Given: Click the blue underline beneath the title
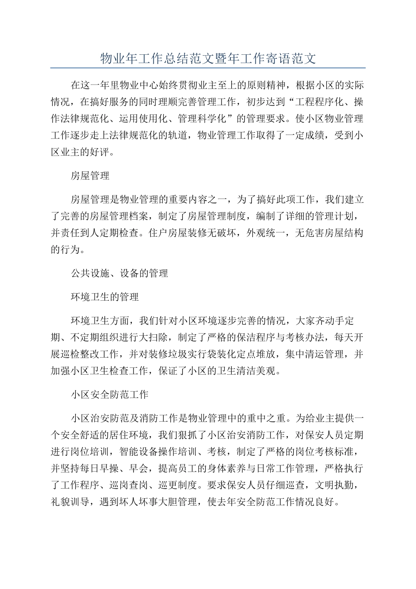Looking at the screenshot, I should click(x=208, y=68).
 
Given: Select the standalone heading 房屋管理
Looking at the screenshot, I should click(x=90, y=176).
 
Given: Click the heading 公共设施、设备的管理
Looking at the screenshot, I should click(x=119, y=273).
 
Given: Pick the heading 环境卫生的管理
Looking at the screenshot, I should click(x=105, y=297).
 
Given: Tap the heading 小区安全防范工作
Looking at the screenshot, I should click(x=109, y=394).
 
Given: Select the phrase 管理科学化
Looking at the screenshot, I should click(x=202, y=119).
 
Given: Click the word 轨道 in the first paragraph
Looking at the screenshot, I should click(x=178, y=135).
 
